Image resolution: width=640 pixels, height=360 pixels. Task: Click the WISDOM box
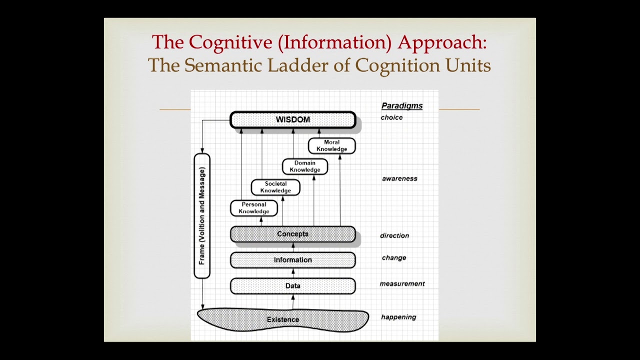click(292, 120)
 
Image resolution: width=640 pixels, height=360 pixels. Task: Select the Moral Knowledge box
click(331, 146)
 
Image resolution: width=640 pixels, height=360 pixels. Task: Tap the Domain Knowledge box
click(304, 166)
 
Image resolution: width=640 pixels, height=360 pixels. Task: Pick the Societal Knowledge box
click(275, 187)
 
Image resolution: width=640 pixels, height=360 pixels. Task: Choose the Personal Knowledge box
click(253, 208)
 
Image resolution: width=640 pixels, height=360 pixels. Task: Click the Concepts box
click(292, 234)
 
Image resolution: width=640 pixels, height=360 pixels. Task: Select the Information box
click(292, 260)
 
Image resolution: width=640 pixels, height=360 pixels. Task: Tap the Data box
click(292, 286)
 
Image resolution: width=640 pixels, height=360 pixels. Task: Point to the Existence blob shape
click(283, 319)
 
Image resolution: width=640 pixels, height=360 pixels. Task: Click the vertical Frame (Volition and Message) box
click(202, 216)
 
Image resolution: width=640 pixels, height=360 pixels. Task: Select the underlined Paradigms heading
click(402, 106)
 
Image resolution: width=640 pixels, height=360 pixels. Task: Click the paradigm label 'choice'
click(391, 117)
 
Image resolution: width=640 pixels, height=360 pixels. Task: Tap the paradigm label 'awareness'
click(399, 178)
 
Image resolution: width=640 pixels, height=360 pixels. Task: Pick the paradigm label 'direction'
click(394, 235)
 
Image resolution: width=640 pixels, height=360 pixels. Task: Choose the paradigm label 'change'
click(394, 258)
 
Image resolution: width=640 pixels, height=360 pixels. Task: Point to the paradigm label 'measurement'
click(402, 283)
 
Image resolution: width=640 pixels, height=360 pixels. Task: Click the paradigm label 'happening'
click(398, 317)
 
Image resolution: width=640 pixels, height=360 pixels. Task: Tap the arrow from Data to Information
click(293, 273)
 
